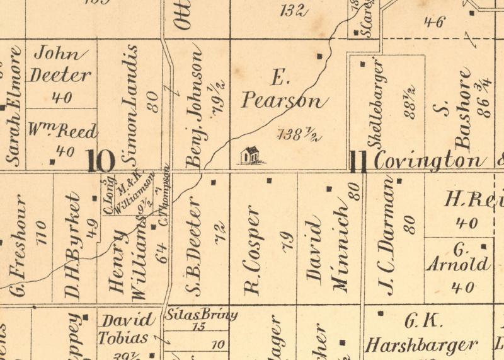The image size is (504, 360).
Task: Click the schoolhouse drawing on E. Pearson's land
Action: (250, 155)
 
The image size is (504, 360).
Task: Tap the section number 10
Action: (101, 161)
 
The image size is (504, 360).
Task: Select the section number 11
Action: (358, 161)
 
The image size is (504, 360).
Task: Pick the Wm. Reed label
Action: (63, 132)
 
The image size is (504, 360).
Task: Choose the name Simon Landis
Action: (132, 104)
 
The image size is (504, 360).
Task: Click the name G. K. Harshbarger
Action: (421, 334)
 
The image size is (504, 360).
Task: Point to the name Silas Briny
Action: (201, 315)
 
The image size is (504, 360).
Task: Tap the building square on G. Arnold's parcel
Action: (483, 247)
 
